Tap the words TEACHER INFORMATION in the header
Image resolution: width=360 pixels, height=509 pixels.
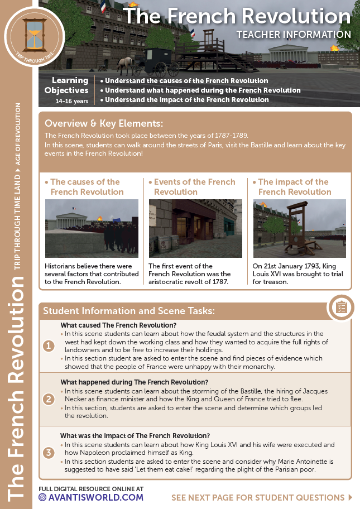(294, 35)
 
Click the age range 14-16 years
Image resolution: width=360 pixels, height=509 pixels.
(71, 101)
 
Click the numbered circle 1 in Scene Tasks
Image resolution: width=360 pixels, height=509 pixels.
(49, 346)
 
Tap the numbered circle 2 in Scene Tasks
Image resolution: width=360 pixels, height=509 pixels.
(49, 399)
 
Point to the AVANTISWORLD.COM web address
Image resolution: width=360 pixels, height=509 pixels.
(95, 497)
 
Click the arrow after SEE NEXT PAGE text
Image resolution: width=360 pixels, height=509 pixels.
(350, 497)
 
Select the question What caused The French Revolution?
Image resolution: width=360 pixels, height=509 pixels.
(118, 325)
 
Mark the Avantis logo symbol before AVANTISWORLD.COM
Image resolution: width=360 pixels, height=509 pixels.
(42, 497)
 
